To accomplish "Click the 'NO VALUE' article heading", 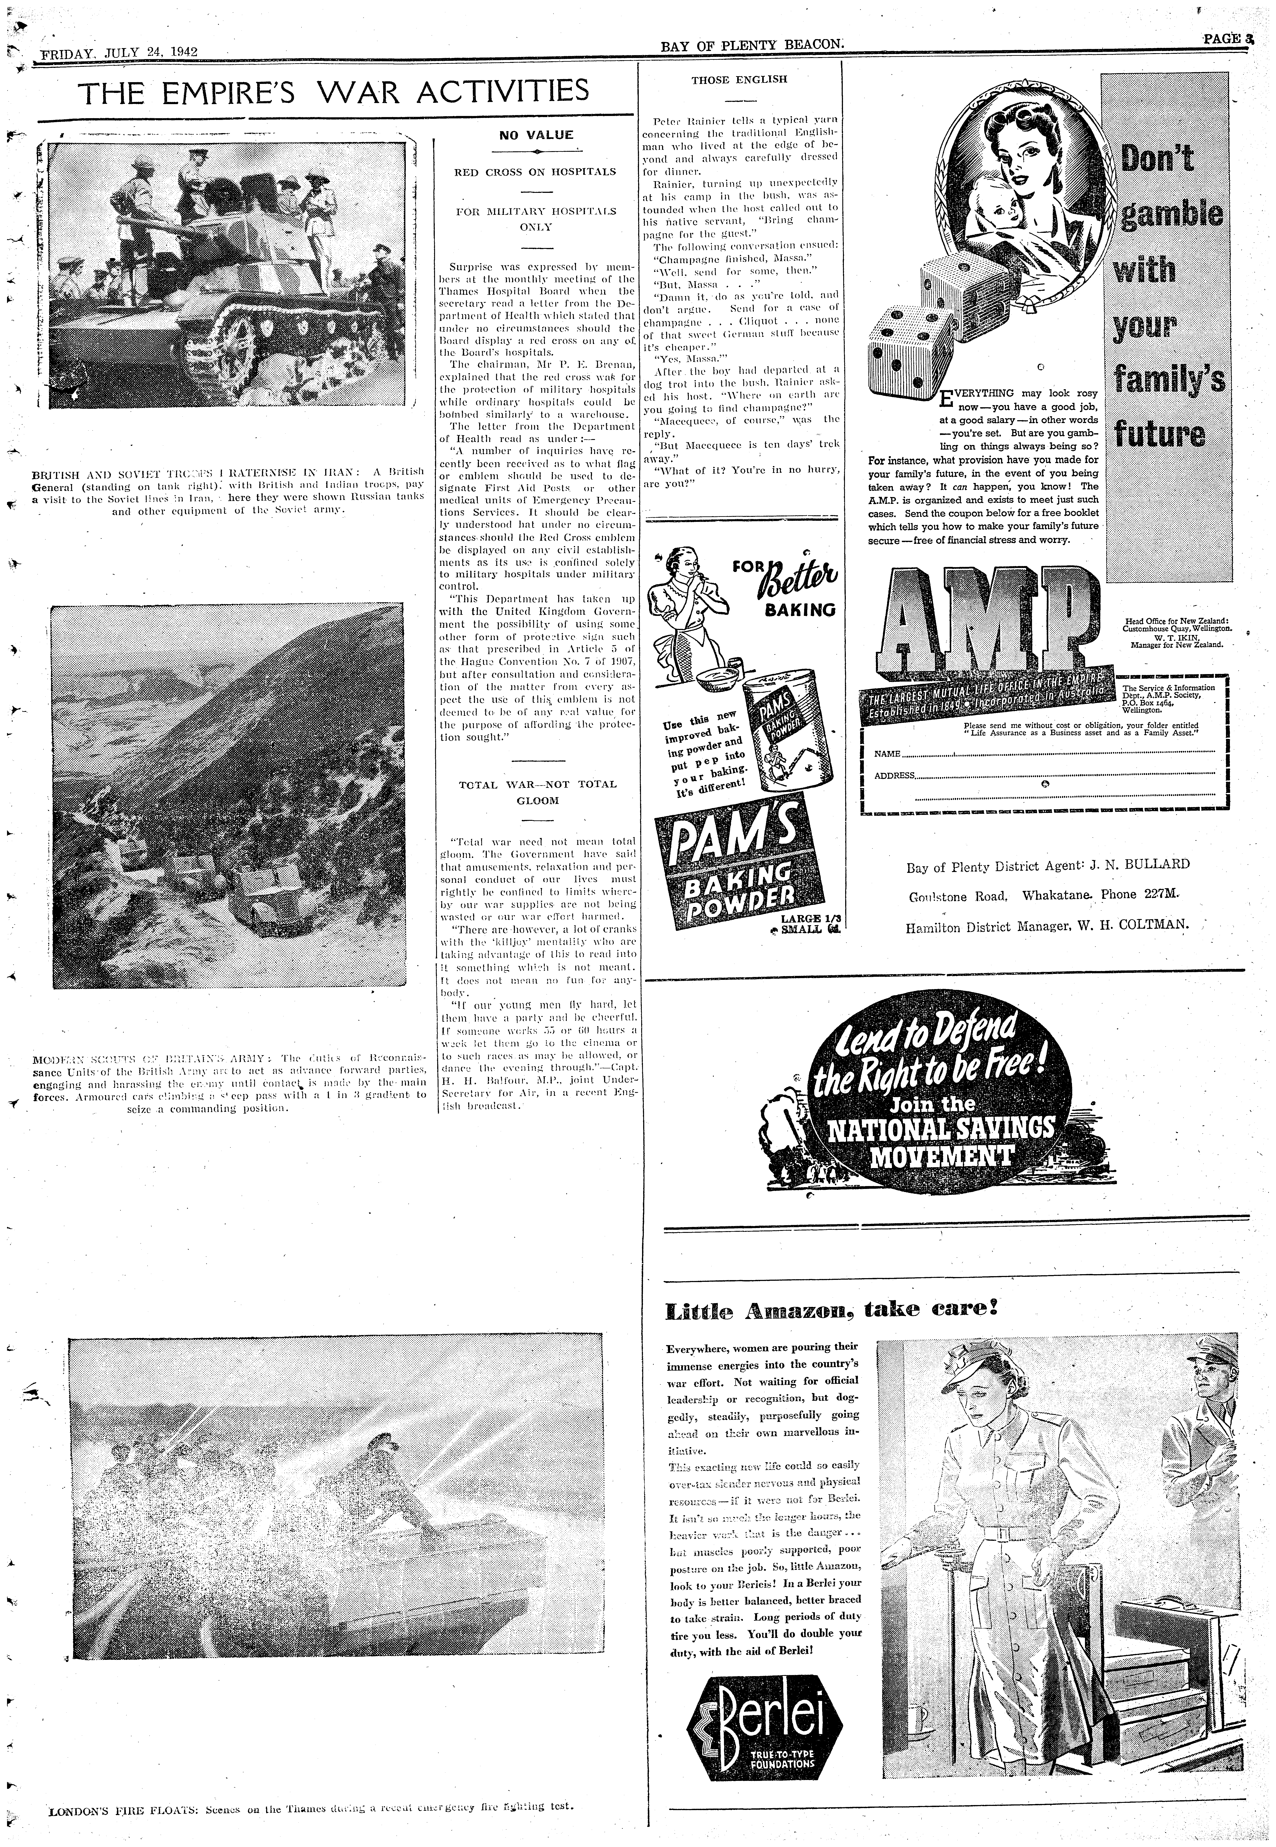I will click(536, 135).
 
